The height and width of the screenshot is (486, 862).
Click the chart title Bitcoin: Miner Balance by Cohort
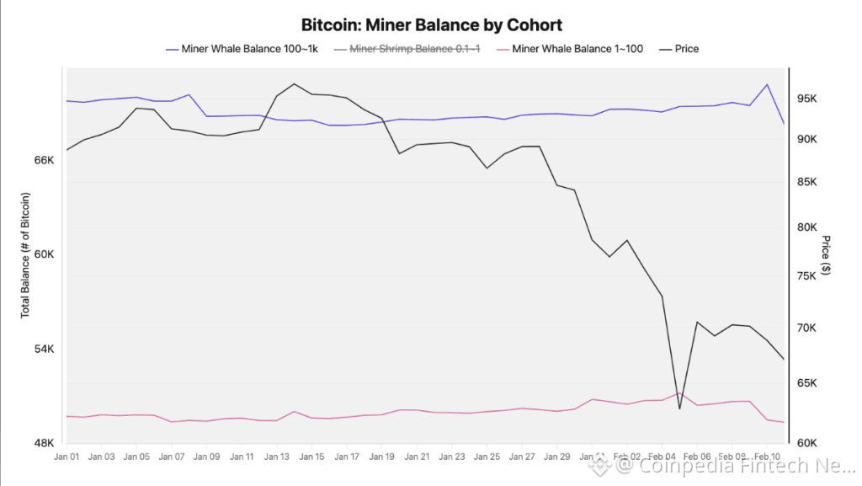pyautogui.click(x=431, y=25)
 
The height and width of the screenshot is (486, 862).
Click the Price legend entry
pyautogui.click(x=686, y=49)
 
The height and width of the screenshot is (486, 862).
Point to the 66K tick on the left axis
pyautogui.click(x=43, y=160)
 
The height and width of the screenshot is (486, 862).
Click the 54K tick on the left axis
pyautogui.click(x=43, y=349)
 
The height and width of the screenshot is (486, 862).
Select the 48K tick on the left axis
pyautogui.click(x=43, y=443)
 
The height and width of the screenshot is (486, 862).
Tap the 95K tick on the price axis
pyautogui.click(x=807, y=99)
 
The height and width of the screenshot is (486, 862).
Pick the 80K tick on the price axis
pyautogui.click(x=807, y=227)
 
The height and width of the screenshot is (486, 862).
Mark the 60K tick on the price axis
pyautogui.click(x=807, y=443)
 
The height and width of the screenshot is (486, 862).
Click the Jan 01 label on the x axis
pyautogui.click(x=67, y=457)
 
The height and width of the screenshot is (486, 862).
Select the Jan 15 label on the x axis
pyautogui.click(x=311, y=457)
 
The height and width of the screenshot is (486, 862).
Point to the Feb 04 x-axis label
pyautogui.click(x=662, y=457)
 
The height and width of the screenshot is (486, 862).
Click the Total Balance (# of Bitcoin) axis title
pyautogui.click(x=25, y=255)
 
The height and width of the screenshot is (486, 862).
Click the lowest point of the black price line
pyautogui.click(x=679, y=409)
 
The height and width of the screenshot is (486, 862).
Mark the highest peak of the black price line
pyautogui.click(x=294, y=84)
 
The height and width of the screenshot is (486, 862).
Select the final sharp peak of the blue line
pyautogui.click(x=767, y=84)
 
